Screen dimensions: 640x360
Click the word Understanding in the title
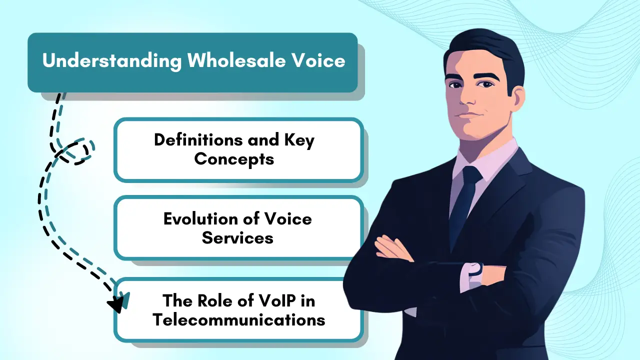pos(112,61)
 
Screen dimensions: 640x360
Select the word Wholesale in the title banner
pos(236,60)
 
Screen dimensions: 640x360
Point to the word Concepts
pos(234,159)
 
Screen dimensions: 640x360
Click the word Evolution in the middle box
pos(200,219)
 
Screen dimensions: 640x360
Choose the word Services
pos(237,237)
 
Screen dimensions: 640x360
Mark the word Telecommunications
pos(239,319)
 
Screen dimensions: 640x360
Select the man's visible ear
pos(518,98)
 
